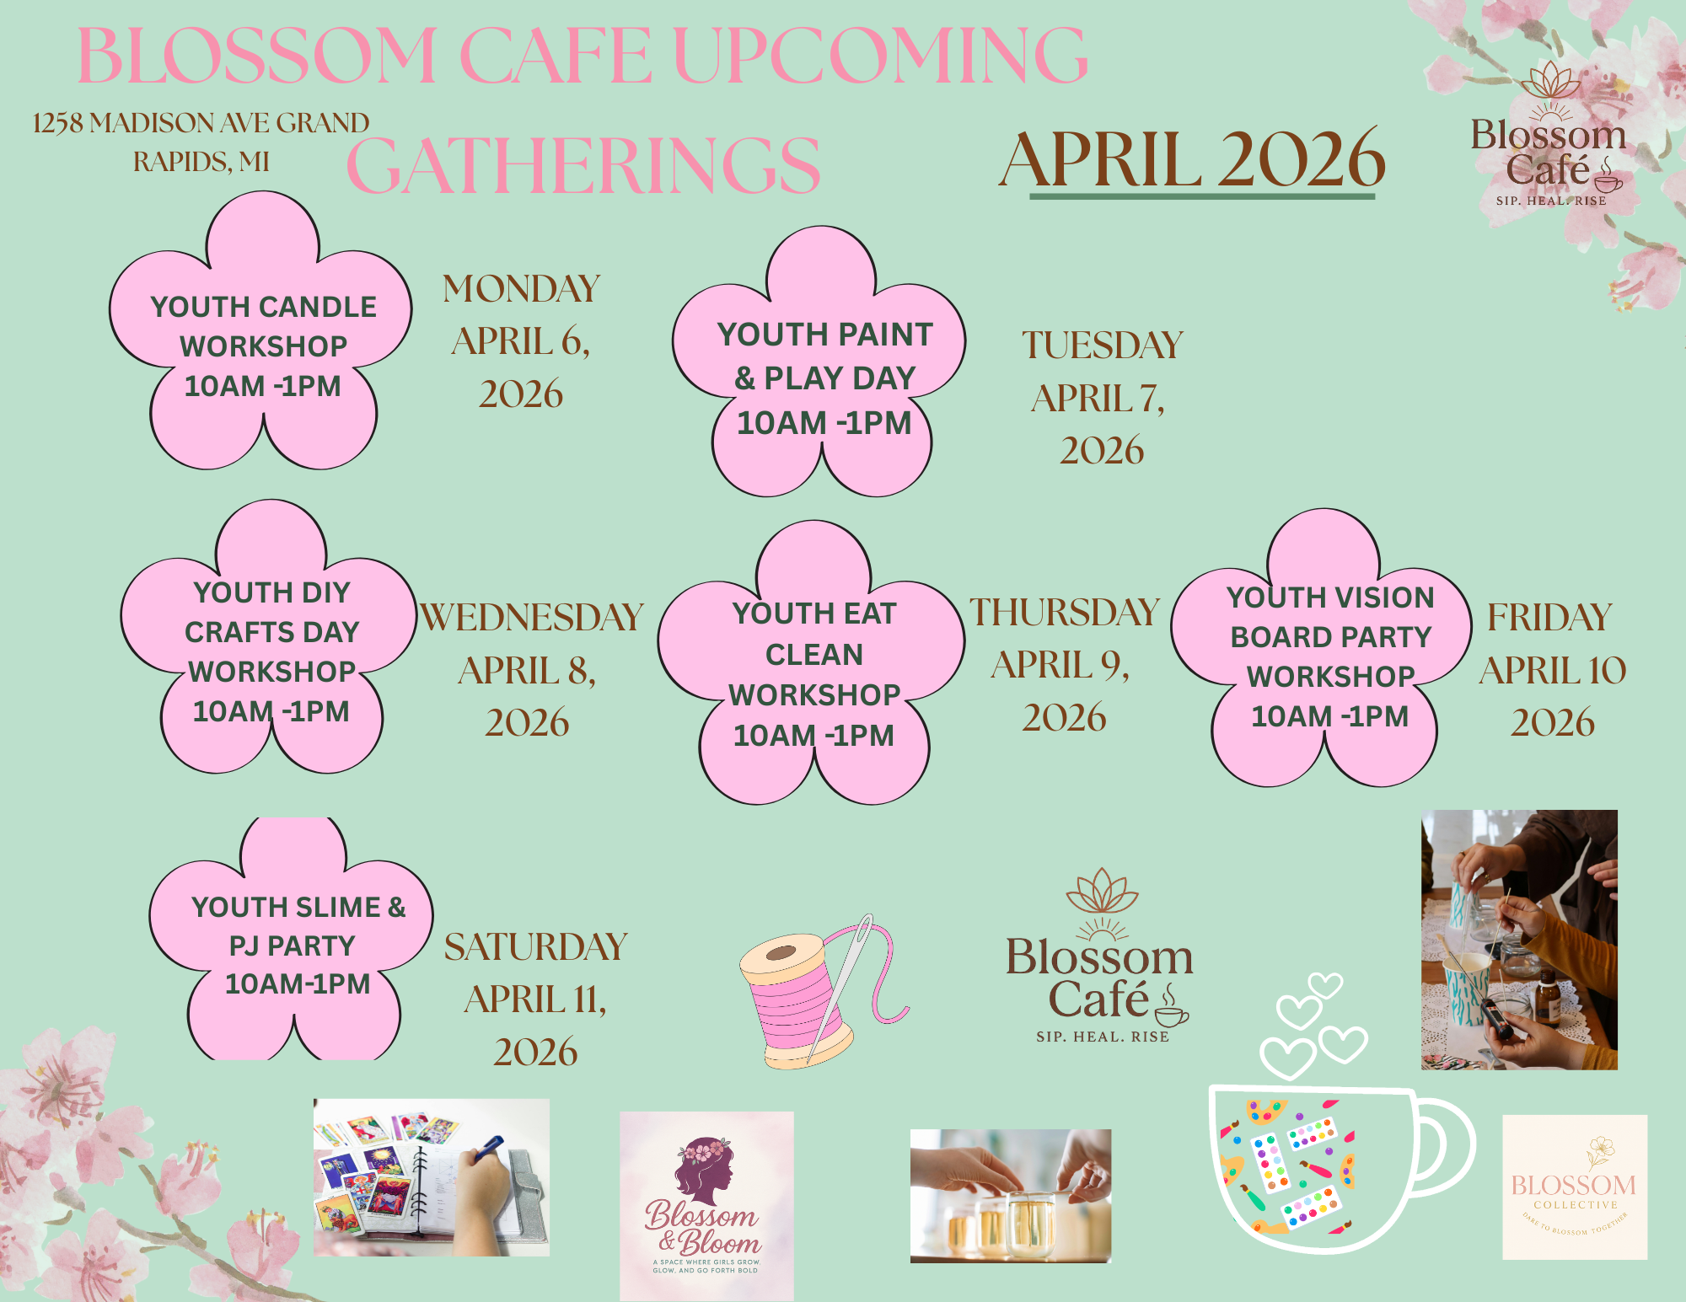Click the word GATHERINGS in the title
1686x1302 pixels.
(x=583, y=165)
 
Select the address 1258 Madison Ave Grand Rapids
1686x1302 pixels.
(x=201, y=142)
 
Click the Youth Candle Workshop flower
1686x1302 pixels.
(x=263, y=346)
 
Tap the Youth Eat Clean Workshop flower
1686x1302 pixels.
(x=813, y=674)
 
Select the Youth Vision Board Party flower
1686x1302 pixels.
(x=1329, y=657)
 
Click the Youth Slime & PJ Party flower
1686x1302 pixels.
(x=295, y=944)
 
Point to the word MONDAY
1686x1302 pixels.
(x=521, y=289)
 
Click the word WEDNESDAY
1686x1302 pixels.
(x=532, y=618)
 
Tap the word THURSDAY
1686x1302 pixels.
(x=1065, y=613)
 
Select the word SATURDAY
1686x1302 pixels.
(x=536, y=947)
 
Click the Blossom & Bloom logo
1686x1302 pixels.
(x=706, y=1205)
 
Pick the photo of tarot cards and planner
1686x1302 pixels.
(x=431, y=1177)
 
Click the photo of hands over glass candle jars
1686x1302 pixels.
(x=1011, y=1196)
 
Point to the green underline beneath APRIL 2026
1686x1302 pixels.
(x=1202, y=196)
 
